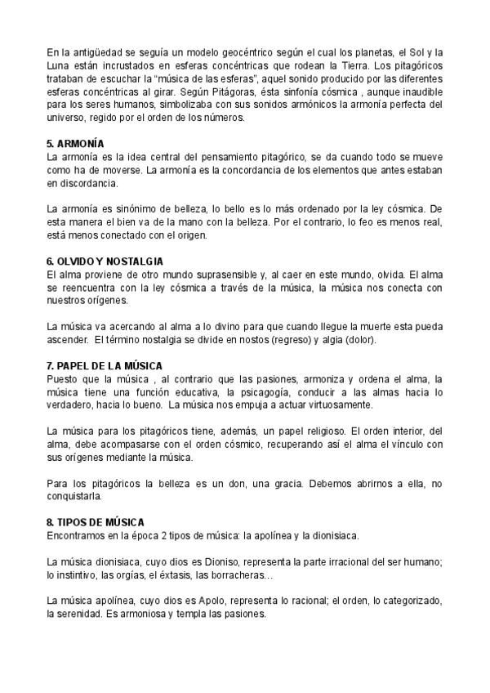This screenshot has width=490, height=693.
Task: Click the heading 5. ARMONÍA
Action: [81, 143]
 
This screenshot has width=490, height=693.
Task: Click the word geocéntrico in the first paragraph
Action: [222, 53]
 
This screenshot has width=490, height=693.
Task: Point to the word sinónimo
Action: [132, 210]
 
